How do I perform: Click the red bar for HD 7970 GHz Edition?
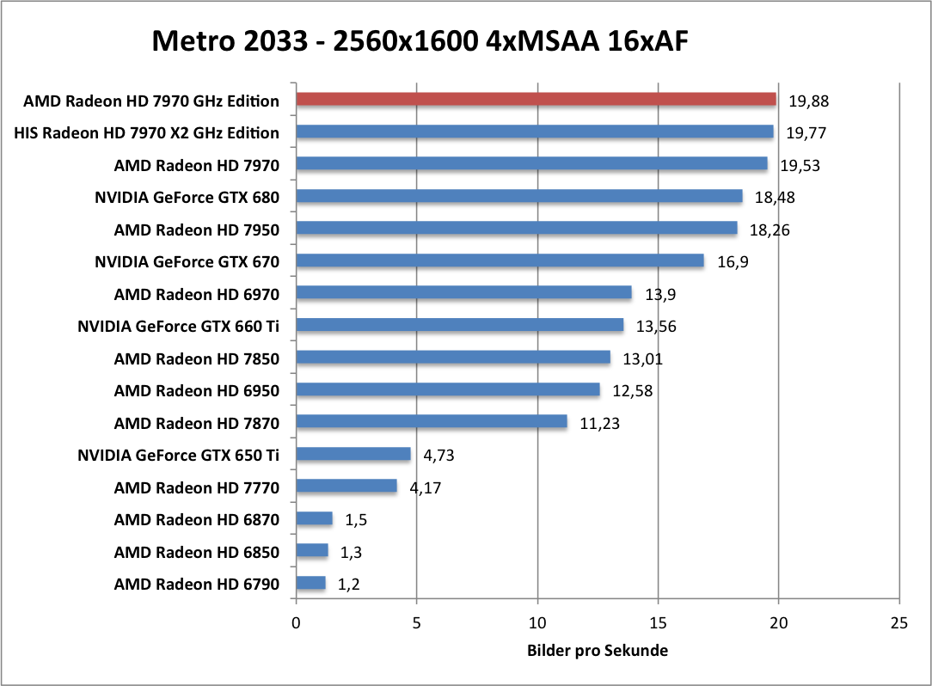click(x=536, y=100)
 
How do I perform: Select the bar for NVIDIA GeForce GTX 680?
click(x=519, y=197)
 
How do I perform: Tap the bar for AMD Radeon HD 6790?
click(x=310, y=584)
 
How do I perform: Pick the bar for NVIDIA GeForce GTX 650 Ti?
click(x=353, y=455)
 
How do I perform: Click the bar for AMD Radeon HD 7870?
click(x=432, y=422)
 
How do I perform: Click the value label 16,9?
click(x=733, y=261)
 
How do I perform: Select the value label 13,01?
click(x=638, y=358)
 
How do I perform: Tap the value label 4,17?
click(x=426, y=487)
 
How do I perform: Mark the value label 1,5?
click(x=357, y=519)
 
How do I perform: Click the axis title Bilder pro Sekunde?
click(x=598, y=651)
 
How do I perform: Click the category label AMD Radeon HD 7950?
click(x=197, y=230)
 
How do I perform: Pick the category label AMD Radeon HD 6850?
click(x=197, y=552)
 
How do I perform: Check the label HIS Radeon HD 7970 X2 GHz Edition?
click(x=147, y=132)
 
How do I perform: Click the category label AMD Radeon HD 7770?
click(x=197, y=487)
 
